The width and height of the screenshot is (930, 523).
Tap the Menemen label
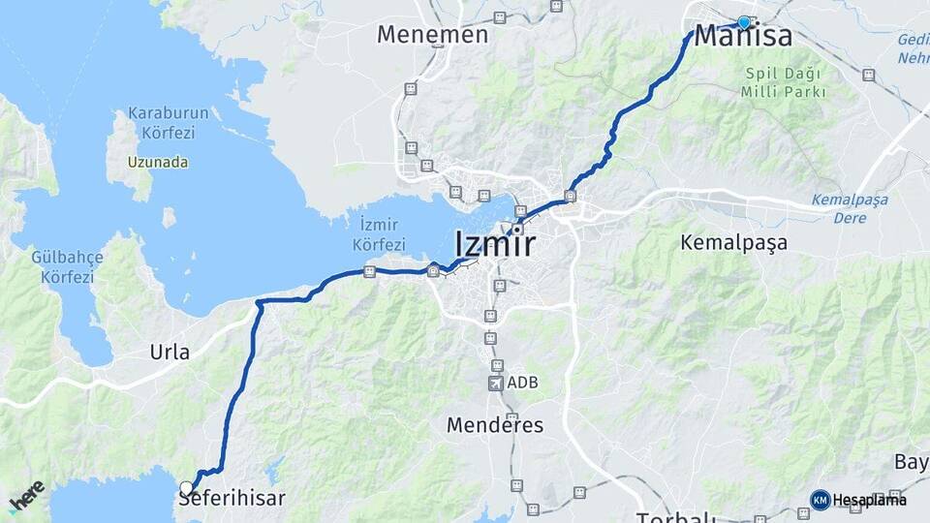pos(432,35)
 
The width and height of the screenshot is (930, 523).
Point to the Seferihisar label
pos(232,499)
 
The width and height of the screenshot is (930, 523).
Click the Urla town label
pos(170,352)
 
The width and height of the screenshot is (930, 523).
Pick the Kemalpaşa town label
pos(733,242)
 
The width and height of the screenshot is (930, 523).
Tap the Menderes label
pos(495,425)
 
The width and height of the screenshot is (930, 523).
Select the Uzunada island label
pos(157,163)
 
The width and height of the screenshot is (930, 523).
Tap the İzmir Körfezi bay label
pos(379,236)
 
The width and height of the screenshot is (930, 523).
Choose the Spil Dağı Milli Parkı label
pos(783,83)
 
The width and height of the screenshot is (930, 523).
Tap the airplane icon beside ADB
pos(496,384)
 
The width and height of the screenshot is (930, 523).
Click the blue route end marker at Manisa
pos(744,22)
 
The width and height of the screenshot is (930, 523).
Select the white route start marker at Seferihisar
pos(187,487)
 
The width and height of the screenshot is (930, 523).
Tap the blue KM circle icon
pos(820,500)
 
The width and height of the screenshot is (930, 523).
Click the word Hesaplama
pos(869,500)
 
